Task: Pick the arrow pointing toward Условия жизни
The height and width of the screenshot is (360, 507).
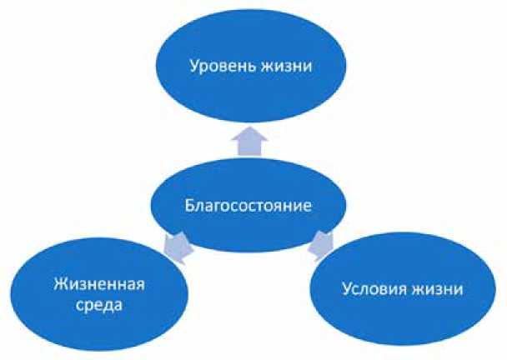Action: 322,244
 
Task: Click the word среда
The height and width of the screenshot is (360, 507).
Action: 94,306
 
